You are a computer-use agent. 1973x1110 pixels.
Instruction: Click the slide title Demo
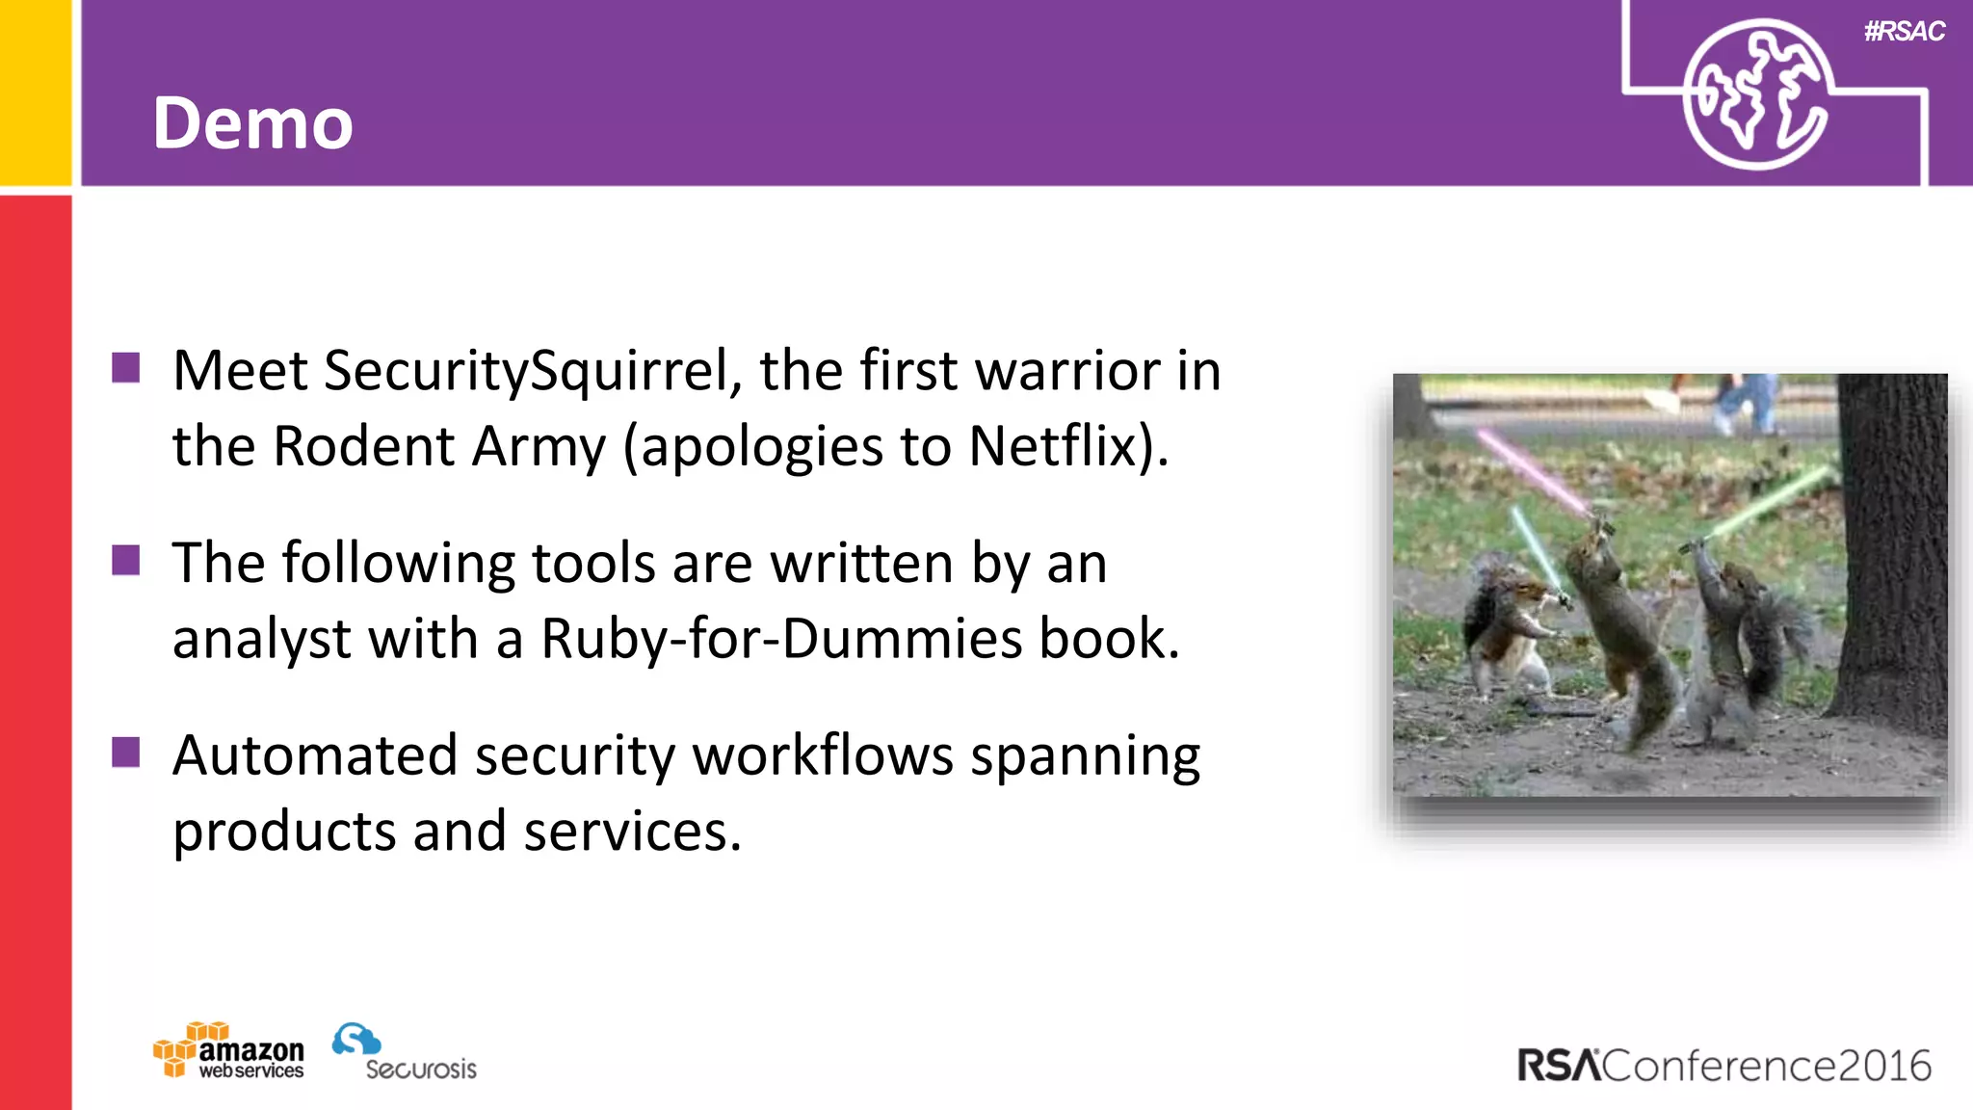pos(252,123)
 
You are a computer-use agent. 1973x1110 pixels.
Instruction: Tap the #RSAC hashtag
pos(1904,32)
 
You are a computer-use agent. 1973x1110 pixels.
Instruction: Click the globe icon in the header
pos(1755,94)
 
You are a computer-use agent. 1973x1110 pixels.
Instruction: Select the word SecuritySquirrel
pos(533,371)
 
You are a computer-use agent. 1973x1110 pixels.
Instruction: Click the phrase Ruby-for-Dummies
pos(780,639)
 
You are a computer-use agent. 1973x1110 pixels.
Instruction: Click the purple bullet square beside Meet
pos(126,368)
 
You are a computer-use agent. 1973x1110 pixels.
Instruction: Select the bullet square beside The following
pos(126,560)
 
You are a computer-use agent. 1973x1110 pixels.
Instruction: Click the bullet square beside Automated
pos(126,752)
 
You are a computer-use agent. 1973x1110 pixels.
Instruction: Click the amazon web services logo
pos(229,1051)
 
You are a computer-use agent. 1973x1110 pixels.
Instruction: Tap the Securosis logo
pos(405,1053)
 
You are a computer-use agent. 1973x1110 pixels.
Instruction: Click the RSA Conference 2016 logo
pos(1724,1066)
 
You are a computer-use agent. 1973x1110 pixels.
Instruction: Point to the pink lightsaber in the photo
pos(1532,472)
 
